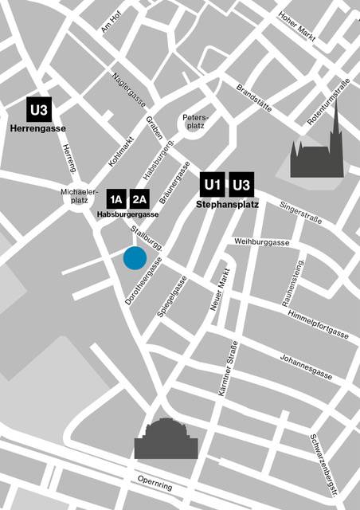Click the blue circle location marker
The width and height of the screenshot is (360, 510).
134,258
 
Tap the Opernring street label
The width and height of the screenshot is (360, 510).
155,482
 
